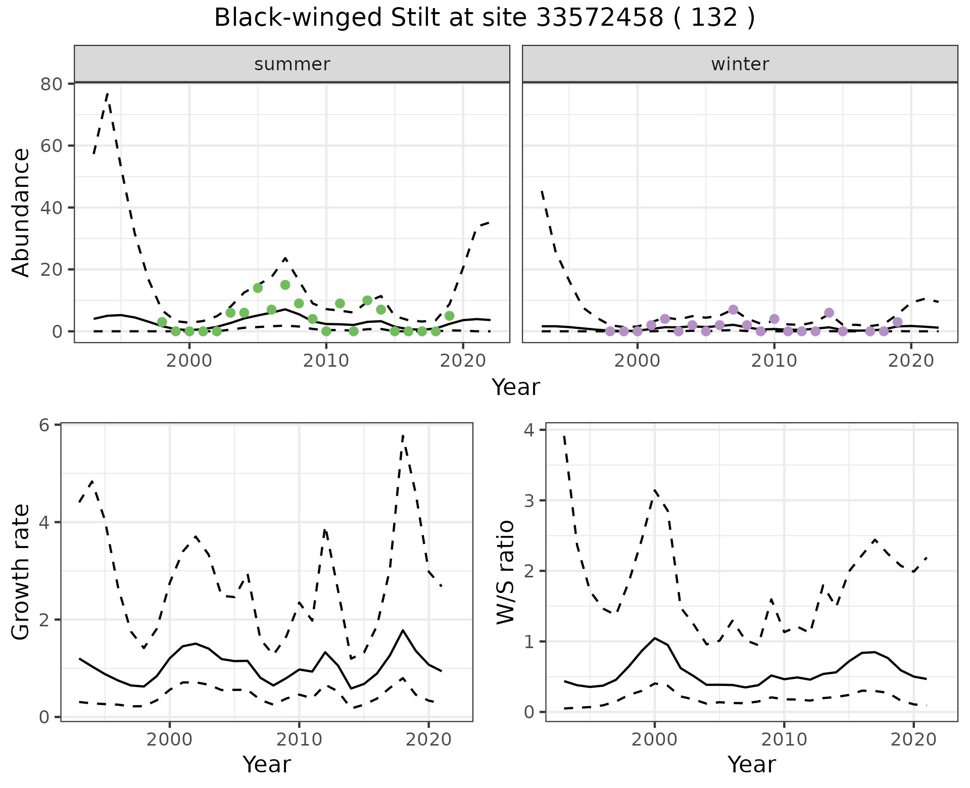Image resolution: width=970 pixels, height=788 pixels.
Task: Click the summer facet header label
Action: click(292, 64)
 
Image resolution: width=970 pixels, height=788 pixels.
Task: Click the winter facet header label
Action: click(740, 64)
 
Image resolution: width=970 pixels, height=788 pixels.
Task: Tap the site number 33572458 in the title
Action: click(599, 18)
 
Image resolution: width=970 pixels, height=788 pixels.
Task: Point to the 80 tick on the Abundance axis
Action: click(51, 84)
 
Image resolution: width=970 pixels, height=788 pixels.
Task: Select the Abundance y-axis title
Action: click(21, 212)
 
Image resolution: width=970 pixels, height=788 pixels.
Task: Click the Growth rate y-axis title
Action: click(21, 572)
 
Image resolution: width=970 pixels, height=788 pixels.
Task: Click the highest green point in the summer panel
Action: click(285, 285)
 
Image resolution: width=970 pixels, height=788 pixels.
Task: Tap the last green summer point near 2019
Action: click(449, 316)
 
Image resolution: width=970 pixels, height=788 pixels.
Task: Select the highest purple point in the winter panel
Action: click(733, 310)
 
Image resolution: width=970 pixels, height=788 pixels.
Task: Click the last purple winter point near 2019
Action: click(897, 322)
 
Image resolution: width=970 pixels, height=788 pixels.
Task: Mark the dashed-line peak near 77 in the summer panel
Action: click(107, 94)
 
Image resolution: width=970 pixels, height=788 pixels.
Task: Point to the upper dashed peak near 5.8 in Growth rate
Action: click(403, 435)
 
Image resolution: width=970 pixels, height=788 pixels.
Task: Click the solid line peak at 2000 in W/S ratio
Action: click(655, 638)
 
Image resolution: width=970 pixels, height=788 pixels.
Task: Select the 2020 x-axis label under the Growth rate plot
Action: click(428, 740)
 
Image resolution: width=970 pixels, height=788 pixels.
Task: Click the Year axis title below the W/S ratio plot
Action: click(751, 765)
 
